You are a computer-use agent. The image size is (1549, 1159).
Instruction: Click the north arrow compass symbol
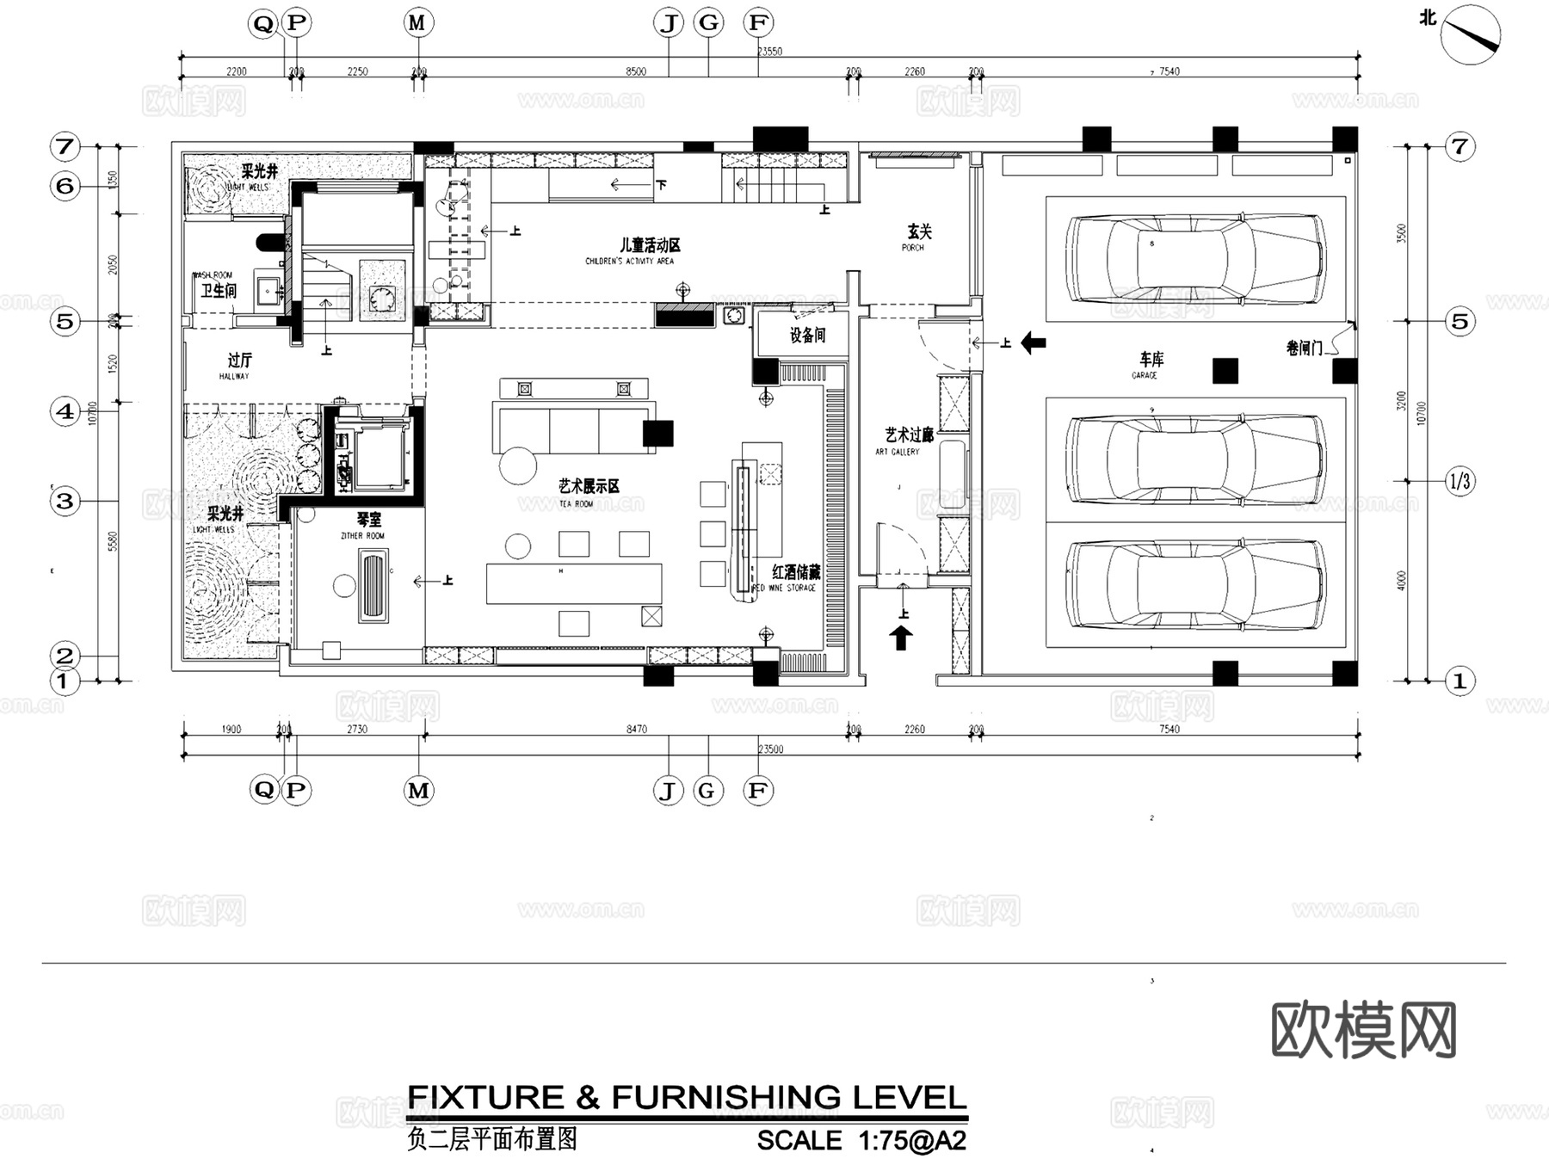click(1470, 34)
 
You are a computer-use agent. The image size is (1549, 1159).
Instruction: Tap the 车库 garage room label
click(1151, 360)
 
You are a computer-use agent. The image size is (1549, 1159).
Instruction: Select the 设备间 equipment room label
click(807, 336)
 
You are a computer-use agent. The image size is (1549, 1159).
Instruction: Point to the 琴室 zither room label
click(368, 520)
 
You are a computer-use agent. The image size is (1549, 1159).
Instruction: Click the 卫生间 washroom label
click(219, 291)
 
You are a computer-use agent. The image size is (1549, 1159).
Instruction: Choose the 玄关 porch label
click(919, 231)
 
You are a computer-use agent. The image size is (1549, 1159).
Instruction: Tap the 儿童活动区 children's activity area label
click(649, 245)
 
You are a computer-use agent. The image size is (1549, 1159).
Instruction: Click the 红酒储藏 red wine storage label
click(795, 571)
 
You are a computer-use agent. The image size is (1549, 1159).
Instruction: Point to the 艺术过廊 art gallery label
click(909, 435)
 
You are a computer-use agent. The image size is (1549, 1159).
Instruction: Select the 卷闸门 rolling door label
click(1304, 348)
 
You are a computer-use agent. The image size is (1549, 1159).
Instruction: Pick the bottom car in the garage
click(1195, 584)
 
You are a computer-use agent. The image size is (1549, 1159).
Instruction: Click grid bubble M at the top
click(417, 23)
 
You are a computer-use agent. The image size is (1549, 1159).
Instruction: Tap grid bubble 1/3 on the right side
click(1460, 481)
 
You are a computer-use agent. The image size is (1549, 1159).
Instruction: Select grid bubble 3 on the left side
click(65, 501)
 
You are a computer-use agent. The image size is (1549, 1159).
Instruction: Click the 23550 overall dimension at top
click(769, 52)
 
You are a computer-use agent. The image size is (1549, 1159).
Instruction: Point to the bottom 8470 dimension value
click(636, 729)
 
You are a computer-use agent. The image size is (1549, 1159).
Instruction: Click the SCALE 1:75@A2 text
click(861, 1140)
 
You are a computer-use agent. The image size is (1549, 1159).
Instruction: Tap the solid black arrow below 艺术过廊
click(901, 638)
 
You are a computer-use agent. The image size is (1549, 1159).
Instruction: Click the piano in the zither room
click(373, 586)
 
